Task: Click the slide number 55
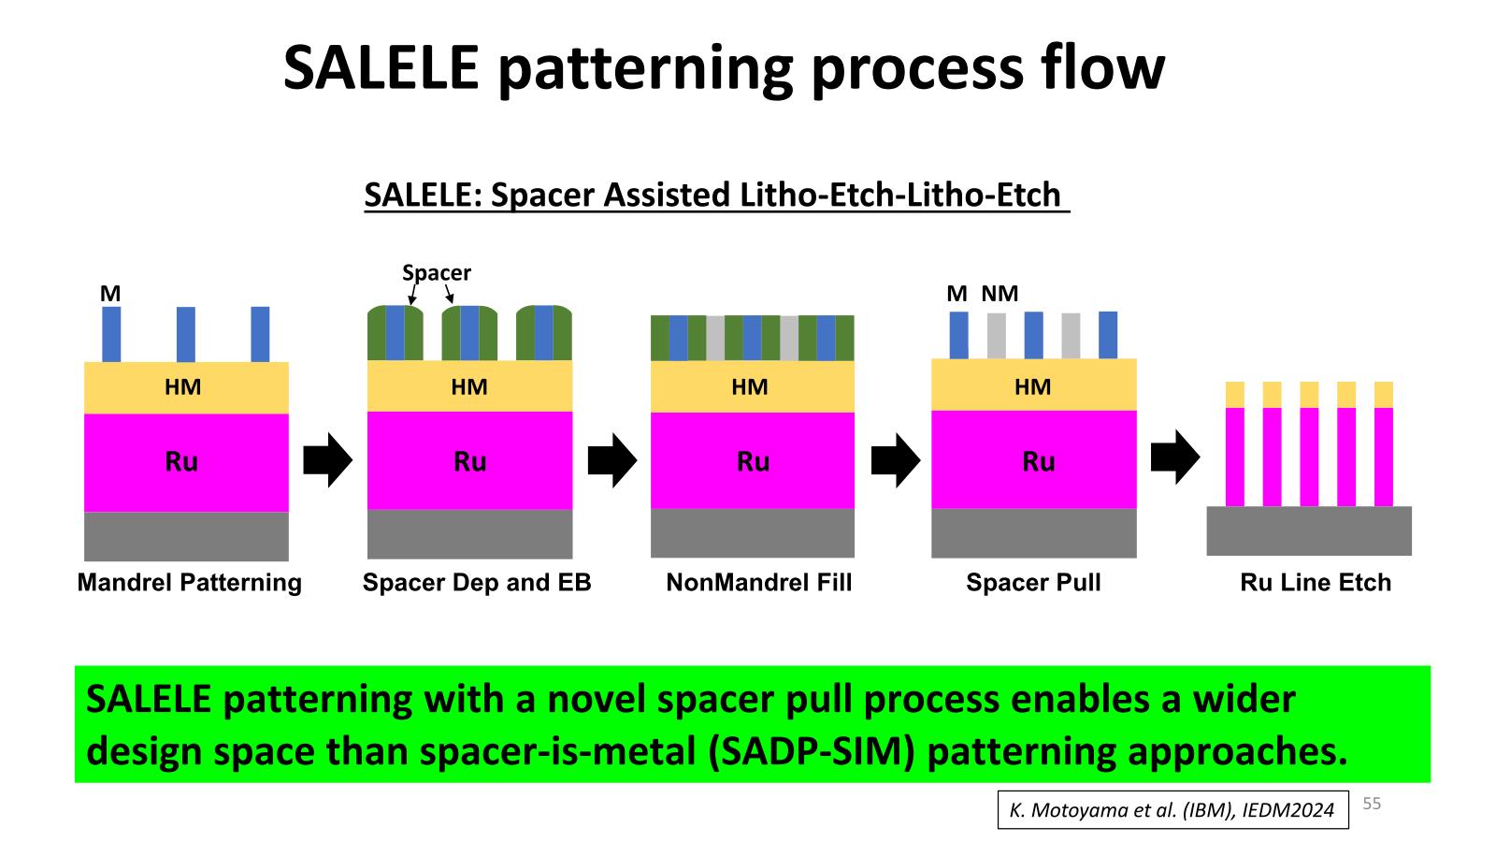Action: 1371,804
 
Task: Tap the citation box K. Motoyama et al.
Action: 1172,810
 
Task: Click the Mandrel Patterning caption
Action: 190,583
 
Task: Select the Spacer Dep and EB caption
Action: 477,583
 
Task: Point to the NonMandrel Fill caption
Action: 759,583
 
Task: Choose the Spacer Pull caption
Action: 1033,583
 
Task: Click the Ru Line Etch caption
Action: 1316,583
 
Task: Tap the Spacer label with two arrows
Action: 436,273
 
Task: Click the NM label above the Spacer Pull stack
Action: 1000,294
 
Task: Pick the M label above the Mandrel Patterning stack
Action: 110,294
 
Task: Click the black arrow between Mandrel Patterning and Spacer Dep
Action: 328,459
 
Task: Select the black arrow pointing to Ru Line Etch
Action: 1175,457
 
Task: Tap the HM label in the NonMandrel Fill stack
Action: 749,387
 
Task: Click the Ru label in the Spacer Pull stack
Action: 1039,462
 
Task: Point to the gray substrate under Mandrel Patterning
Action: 186,537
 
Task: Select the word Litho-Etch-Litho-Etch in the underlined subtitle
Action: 899,196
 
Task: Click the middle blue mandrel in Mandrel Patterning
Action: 186,335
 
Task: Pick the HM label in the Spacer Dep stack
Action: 468,387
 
